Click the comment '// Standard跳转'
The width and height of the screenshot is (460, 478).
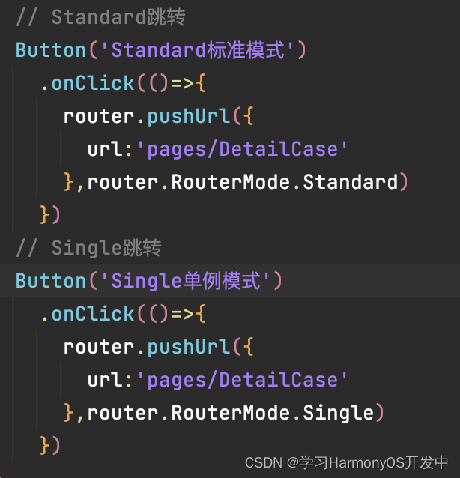point(100,16)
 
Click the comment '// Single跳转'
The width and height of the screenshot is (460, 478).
point(88,247)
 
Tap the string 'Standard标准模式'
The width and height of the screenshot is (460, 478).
point(198,50)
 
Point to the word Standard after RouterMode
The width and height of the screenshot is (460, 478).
point(350,182)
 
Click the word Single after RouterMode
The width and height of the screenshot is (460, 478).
point(338,413)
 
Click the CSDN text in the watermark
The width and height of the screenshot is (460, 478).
point(260,462)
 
